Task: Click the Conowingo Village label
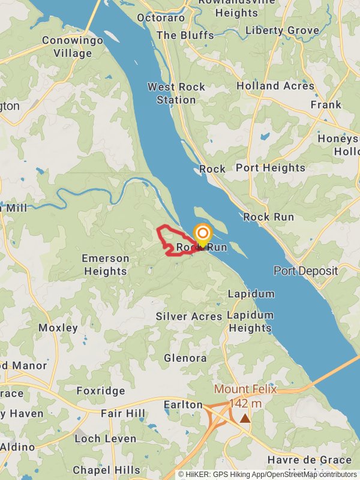72,47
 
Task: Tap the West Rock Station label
176,94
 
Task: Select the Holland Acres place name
275,86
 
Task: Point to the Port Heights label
270,168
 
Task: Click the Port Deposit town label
306,271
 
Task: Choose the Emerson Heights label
105,265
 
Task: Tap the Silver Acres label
189,316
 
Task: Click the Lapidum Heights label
250,322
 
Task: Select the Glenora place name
185,358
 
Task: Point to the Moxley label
58,328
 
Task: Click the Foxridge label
101,391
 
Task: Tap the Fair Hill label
123,413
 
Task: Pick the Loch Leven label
106,439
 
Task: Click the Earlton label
184,405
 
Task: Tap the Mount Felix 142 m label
245,396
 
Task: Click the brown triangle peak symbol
245,418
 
